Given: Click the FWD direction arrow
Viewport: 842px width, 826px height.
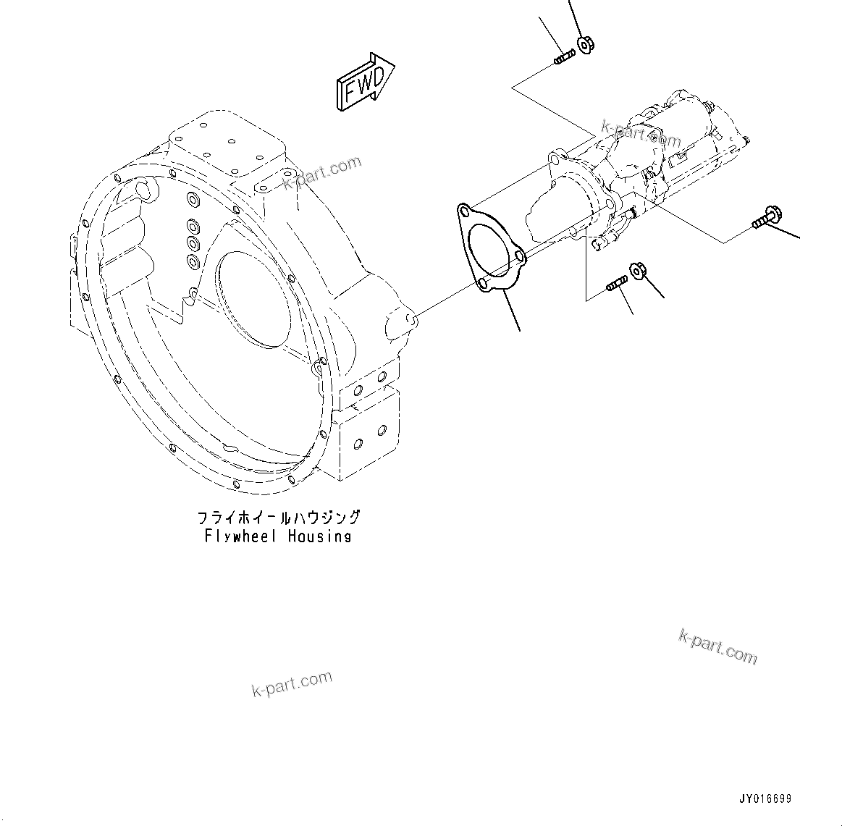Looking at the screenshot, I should coord(364,81).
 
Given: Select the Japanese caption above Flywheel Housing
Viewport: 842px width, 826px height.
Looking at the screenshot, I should coord(279,518).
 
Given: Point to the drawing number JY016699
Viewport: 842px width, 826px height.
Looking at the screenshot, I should coord(765,799).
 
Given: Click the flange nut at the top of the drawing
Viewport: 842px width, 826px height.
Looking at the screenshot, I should coord(585,44).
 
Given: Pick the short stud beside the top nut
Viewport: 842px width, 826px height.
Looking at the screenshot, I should coord(564,56).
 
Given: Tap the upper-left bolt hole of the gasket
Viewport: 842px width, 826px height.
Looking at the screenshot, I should coord(463,211).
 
